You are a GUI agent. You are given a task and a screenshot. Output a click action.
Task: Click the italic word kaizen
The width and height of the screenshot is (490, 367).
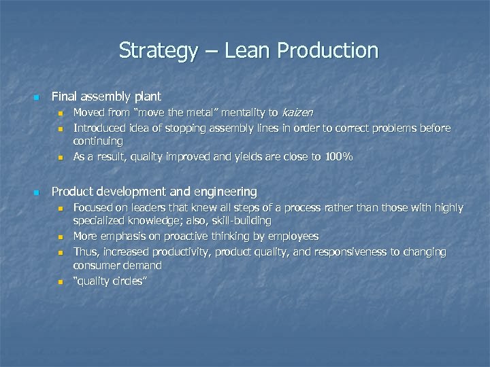click(x=297, y=113)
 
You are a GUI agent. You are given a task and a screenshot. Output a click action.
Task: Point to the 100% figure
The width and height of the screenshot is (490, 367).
click(x=338, y=156)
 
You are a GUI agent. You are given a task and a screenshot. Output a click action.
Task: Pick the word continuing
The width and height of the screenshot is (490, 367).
click(x=98, y=141)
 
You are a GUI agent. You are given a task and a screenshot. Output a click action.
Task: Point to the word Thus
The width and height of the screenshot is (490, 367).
click(x=85, y=252)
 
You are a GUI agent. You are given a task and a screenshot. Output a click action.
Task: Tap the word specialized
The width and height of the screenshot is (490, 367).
click(x=100, y=221)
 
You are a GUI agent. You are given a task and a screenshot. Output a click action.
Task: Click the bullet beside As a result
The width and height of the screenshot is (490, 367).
click(x=60, y=157)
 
